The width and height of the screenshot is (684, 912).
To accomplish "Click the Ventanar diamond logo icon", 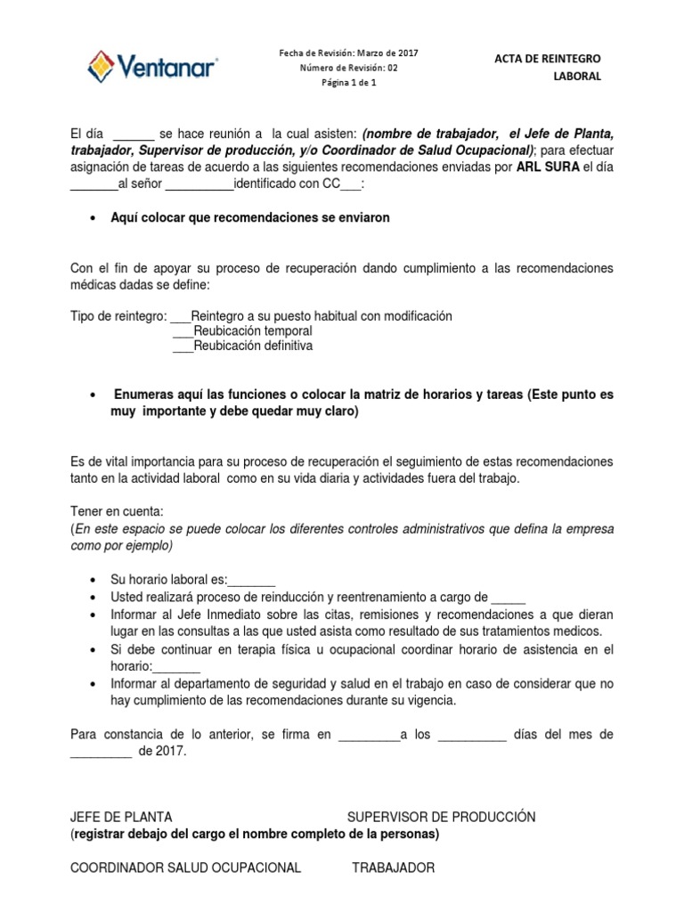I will click(x=100, y=67).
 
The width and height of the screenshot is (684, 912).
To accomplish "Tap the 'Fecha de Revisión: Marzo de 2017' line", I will click(x=348, y=53).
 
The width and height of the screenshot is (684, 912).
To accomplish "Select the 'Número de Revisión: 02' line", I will click(x=348, y=68).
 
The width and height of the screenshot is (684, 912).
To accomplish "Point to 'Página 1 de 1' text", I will click(x=349, y=83).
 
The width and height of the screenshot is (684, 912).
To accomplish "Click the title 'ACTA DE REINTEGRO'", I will click(x=548, y=59).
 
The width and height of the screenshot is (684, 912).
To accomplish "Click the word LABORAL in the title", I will click(x=576, y=77).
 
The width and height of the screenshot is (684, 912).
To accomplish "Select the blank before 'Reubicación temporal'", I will click(x=182, y=331).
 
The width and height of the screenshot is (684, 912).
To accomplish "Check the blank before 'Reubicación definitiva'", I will click(x=182, y=346).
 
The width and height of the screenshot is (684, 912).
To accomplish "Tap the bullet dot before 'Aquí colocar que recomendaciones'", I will click(x=94, y=219).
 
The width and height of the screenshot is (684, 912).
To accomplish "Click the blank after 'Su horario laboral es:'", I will click(x=252, y=580).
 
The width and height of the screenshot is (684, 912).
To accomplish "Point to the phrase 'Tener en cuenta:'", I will click(x=117, y=512).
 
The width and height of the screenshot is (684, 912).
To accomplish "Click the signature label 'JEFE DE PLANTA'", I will click(x=121, y=817).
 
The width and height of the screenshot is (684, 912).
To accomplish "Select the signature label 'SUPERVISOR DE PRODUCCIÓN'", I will click(x=441, y=817).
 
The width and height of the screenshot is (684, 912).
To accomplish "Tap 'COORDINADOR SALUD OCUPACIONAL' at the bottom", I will click(x=185, y=867).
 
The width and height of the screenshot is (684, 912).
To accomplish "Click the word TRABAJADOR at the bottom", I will click(x=393, y=867).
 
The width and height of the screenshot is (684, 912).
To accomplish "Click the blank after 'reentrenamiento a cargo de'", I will click(x=509, y=598).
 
